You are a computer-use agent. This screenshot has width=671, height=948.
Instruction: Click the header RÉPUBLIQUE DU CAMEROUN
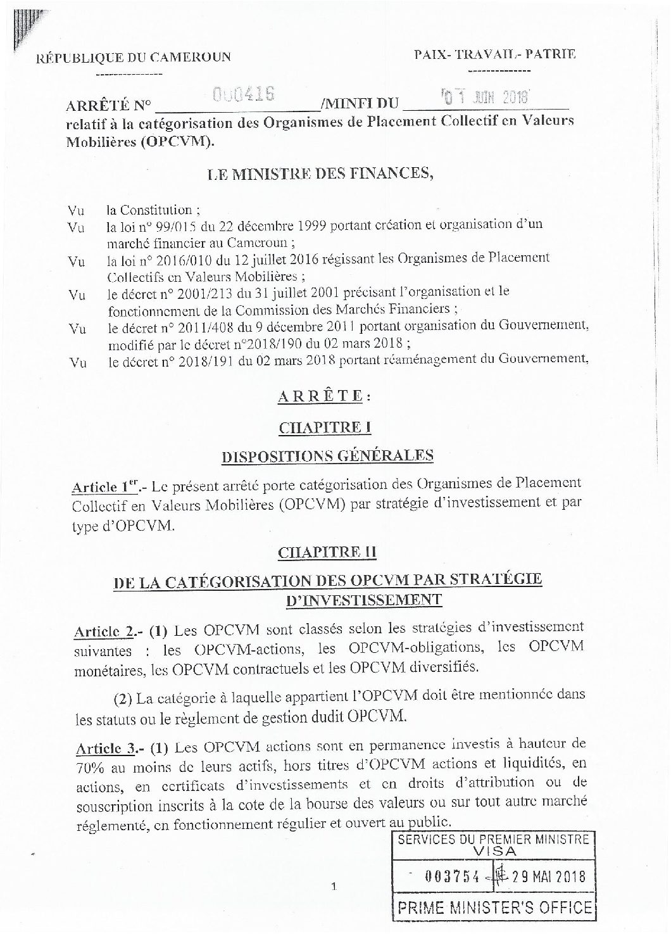click(134, 58)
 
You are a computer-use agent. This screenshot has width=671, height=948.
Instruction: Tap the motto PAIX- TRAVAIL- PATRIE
click(495, 55)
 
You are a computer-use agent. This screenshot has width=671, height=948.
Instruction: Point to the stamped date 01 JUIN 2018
click(487, 98)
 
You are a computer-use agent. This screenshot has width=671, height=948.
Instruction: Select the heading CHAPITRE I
click(324, 427)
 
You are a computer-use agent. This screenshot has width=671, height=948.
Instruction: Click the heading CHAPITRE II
click(327, 552)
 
